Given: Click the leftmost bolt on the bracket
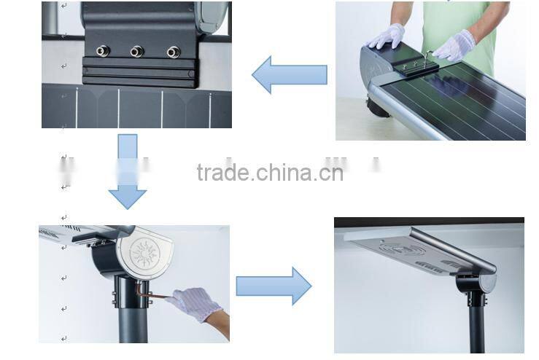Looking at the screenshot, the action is pos(103,51).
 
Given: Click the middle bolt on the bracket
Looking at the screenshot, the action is pos(137,52).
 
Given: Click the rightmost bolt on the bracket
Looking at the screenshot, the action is pos(174,52).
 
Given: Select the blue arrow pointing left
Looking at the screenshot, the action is pos(290,74).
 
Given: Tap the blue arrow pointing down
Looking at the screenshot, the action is pos(128,171).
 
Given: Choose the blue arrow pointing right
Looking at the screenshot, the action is pos(274,286).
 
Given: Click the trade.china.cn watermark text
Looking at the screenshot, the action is pos(270,173).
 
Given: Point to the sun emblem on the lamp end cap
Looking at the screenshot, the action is pos(144,253).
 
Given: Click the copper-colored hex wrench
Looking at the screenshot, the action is pos(151,293).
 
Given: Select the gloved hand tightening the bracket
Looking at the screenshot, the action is pos(454,47).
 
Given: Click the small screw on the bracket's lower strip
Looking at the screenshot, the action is pos(191,74).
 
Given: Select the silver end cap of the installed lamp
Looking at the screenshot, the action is pos(488,282).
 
